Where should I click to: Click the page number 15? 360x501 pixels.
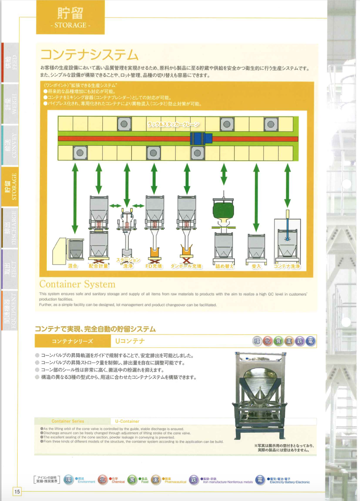(x=17, y=491)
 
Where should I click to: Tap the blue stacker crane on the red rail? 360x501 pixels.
(x=201, y=139)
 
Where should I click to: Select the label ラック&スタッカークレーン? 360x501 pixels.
(x=173, y=124)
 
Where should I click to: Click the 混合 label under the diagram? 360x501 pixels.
(x=73, y=266)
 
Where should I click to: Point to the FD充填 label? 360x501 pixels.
(x=154, y=266)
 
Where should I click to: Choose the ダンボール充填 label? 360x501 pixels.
(x=186, y=266)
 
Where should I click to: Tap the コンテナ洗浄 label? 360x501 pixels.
(x=287, y=266)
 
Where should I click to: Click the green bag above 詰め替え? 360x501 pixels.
(x=223, y=210)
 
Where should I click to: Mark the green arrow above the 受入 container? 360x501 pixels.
(x=256, y=197)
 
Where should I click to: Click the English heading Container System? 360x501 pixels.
(x=77, y=284)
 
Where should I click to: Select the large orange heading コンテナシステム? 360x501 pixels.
(x=89, y=55)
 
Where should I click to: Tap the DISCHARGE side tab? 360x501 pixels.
(x=10, y=228)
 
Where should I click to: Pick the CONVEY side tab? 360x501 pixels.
(x=10, y=145)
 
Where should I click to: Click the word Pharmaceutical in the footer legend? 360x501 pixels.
(x=175, y=482)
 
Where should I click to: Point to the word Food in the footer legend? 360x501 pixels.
(x=145, y=482)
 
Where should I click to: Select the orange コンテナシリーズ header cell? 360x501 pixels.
(x=72, y=341)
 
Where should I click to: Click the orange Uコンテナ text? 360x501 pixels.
(x=130, y=341)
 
